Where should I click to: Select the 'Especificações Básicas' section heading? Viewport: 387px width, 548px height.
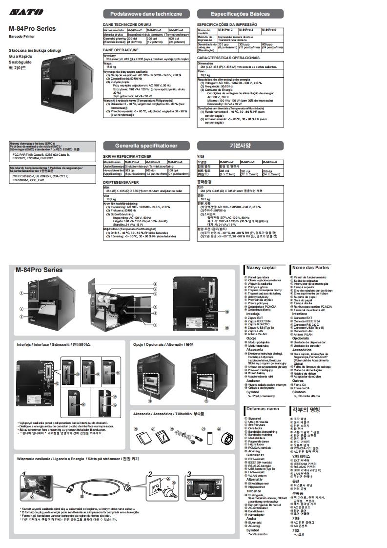[240, 14]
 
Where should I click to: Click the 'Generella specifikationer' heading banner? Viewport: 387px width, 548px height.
[146, 146]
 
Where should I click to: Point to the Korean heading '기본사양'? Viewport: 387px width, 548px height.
[240, 146]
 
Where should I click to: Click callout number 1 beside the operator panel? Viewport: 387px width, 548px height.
[21, 293]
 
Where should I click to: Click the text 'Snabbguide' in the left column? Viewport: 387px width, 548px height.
[20, 62]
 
